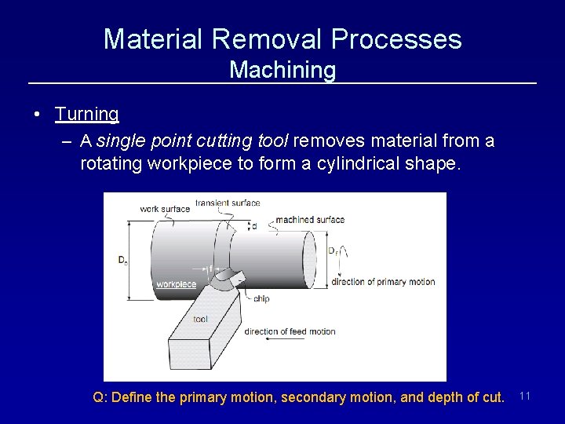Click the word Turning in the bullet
87,115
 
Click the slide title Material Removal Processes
282,38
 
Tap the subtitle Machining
282,71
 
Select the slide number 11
526,397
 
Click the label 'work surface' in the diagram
165,209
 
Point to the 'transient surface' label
228,203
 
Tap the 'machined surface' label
310,220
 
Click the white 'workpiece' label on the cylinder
176,284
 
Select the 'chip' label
262,299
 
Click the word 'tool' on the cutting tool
200,320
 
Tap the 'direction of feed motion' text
290,331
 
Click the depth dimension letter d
253,226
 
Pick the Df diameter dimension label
333,251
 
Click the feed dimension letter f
210,269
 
